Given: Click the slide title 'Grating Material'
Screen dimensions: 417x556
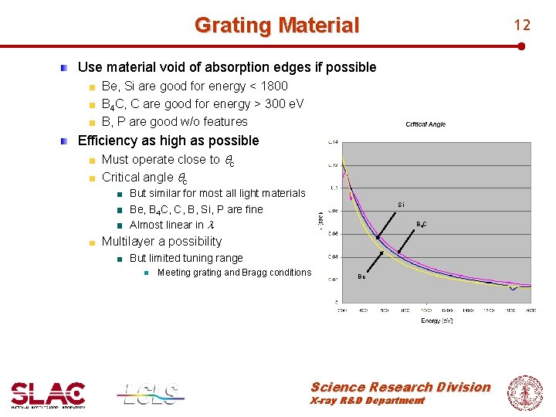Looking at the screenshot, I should click(276, 25).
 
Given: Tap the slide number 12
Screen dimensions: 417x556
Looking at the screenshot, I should click(522, 25).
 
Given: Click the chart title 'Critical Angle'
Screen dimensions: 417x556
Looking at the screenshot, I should click(425, 124).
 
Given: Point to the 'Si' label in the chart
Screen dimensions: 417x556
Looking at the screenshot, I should click(401, 205).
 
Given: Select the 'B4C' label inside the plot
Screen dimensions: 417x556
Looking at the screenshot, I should click(422, 225).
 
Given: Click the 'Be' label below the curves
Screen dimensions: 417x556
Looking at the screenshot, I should click(361, 276).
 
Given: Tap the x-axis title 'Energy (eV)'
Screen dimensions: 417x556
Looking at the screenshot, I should click(436, 320).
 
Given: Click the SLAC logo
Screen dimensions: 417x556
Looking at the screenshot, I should click(48, 394).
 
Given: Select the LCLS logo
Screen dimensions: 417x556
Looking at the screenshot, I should click(151, 394).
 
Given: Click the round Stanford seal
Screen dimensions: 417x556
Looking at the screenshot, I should click(524, 392).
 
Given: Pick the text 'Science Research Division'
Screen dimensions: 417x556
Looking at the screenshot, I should click(400, 387).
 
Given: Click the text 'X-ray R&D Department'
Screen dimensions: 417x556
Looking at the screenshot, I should click(367, 401).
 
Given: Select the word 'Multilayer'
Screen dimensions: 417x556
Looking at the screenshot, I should click(129, 241).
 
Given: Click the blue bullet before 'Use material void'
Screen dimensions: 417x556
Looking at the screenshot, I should click(66, 67).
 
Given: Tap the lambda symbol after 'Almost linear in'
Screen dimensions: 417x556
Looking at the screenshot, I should click(210, 225).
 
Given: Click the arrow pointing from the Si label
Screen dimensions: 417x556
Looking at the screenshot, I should click(388, 221).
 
